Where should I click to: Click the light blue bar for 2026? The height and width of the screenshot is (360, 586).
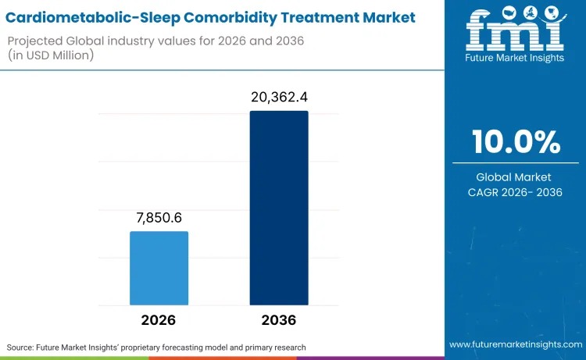pyautogui.click(x=159, y=268)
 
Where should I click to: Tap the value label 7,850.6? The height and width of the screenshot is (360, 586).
pyautogui.click(x=159, y=217)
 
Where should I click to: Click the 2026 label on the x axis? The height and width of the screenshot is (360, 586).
pyautogui.click(x=159, y=320)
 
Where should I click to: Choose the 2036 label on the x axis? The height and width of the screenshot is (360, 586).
pyautogui.click(x=279, y=320)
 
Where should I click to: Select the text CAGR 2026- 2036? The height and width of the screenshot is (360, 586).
pyautogui.click(x=516, y=192)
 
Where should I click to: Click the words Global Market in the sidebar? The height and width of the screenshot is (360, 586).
pyautogui.click(x=516, y=177)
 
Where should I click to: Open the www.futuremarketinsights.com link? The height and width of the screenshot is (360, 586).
pyautogui.click(x=516, y=344)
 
